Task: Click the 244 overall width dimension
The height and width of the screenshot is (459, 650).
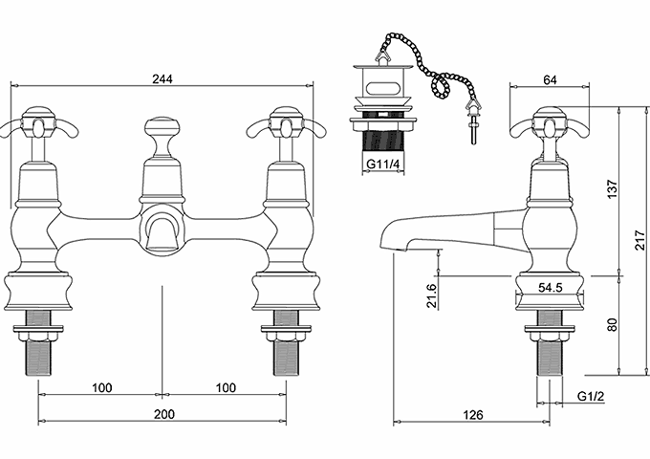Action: (x=162, y=78)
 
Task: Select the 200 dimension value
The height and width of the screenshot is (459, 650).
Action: (x=164, y=414)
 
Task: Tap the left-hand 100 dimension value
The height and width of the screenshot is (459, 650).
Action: (x=102, y=387)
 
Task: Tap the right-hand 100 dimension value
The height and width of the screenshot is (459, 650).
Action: (x=226, y=387)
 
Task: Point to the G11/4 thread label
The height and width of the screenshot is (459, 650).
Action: (x=383, y=164)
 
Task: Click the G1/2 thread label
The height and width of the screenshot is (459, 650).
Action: (x=591, y=396)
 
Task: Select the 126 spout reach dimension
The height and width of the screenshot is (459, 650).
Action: (x=473, y=414)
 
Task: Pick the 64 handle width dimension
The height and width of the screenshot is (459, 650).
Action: (x=550, y=79)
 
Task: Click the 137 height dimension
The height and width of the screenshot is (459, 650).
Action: (x=613, y=188)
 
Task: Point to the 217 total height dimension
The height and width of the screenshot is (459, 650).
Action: (x=640, y=240)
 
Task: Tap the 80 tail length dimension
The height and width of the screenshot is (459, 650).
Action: (x=613, y=324)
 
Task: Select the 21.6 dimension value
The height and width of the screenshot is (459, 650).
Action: (x=432, y=295)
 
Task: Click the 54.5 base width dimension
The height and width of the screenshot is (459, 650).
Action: (x=550, y=287)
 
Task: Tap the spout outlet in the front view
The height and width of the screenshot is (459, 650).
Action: (x=162, y=232)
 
